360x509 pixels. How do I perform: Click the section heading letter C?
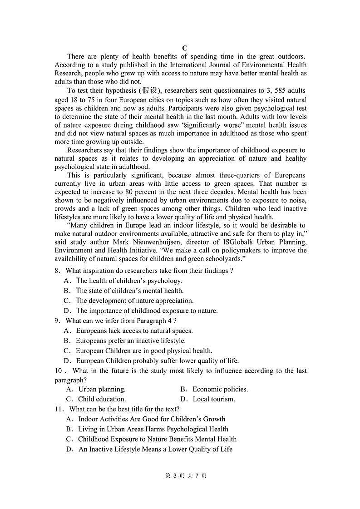(184, 48)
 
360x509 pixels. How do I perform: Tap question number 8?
(56, 271)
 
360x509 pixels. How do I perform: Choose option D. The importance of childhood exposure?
(147, 311)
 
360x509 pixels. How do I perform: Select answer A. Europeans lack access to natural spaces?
(134, 331)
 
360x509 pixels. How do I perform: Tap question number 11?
(58, 409)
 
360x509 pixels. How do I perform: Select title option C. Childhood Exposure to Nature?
(157, 439)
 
